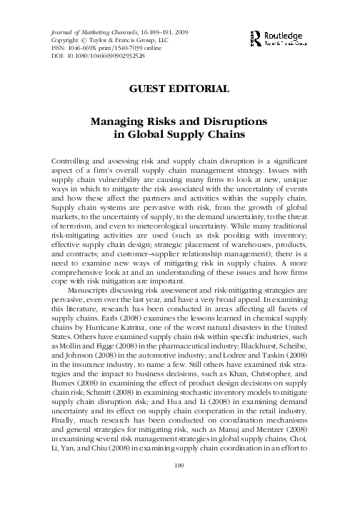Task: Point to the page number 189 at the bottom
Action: [180, 486]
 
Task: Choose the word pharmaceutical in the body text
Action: [159, 341]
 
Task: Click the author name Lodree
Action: [253, 351]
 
